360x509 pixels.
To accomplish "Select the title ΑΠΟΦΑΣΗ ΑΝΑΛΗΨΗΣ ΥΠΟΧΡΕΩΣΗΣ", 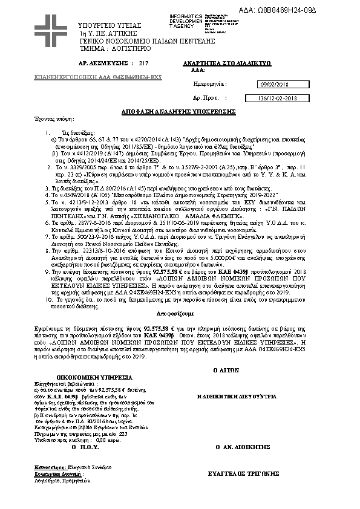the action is [180, 112].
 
